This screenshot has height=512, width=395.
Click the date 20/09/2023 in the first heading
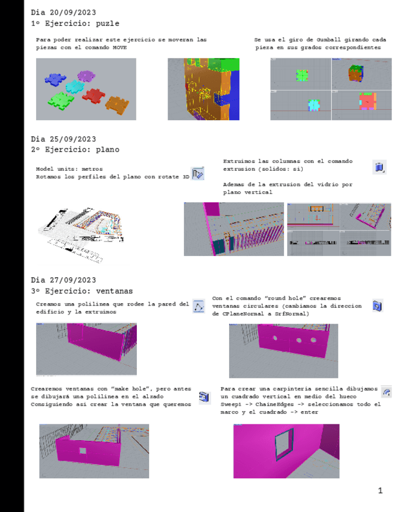(73, 13)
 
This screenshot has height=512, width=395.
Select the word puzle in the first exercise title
(107, 24)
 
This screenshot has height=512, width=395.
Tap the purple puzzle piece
(86, 76)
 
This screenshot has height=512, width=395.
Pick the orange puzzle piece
(117, 105)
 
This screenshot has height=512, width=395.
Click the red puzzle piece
(93, 95)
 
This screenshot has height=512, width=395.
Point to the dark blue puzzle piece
(55, 79)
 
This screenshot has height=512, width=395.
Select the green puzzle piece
(61, 101)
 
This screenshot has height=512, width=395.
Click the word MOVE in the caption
(120, 48)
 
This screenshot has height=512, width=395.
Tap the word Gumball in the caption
(329, 40)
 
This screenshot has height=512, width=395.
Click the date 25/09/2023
(73, 139)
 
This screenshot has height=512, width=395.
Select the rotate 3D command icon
(198, 173)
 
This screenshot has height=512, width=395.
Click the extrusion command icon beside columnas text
(379, 167)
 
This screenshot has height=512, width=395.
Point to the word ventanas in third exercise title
(115, 291)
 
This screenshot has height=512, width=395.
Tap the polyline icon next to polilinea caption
(198, 306)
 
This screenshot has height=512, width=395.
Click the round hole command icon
(378, 306)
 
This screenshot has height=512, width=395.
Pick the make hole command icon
(204, 397)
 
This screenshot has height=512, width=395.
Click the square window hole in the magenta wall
(83, 451)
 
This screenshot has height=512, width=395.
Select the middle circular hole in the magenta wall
(299, 341)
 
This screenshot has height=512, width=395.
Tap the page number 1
(381, 490)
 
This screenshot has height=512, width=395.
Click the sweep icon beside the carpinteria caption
(387, 392)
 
